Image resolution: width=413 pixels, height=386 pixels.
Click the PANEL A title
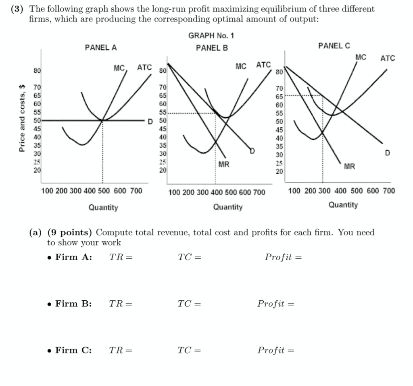101,48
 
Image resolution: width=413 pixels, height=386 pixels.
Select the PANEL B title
212,48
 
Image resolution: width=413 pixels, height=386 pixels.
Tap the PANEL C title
334,46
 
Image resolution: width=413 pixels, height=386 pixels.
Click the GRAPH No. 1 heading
211,36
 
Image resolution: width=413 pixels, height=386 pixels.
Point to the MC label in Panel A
119,68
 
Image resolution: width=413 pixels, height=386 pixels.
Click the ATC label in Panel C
388,58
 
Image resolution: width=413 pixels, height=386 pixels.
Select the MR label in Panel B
224,164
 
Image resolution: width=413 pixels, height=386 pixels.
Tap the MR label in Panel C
350,166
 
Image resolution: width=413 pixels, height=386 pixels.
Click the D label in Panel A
150,121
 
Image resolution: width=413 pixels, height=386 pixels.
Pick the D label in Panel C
387,153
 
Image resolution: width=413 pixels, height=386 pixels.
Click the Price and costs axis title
23,118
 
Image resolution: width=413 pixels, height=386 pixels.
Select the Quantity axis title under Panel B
228,207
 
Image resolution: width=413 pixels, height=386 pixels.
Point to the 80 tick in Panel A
37,70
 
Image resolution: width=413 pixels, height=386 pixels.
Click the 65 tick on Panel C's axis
280,96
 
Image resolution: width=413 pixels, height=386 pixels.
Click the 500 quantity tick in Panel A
104,191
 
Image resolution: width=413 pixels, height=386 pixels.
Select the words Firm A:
73,257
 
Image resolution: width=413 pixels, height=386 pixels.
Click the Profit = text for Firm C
276,350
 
